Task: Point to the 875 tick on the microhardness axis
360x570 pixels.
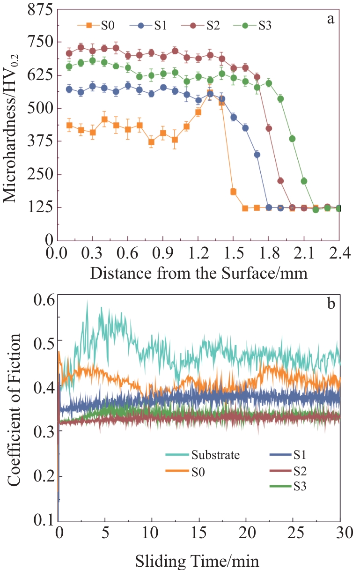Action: click(38, 10)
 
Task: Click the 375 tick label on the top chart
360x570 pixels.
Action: click(38, 141)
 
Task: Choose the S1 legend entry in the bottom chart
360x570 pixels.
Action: click(300, 454)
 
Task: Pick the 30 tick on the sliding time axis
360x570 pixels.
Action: click(340, 533)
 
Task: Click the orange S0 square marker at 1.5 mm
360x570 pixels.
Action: click(233, 192)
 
